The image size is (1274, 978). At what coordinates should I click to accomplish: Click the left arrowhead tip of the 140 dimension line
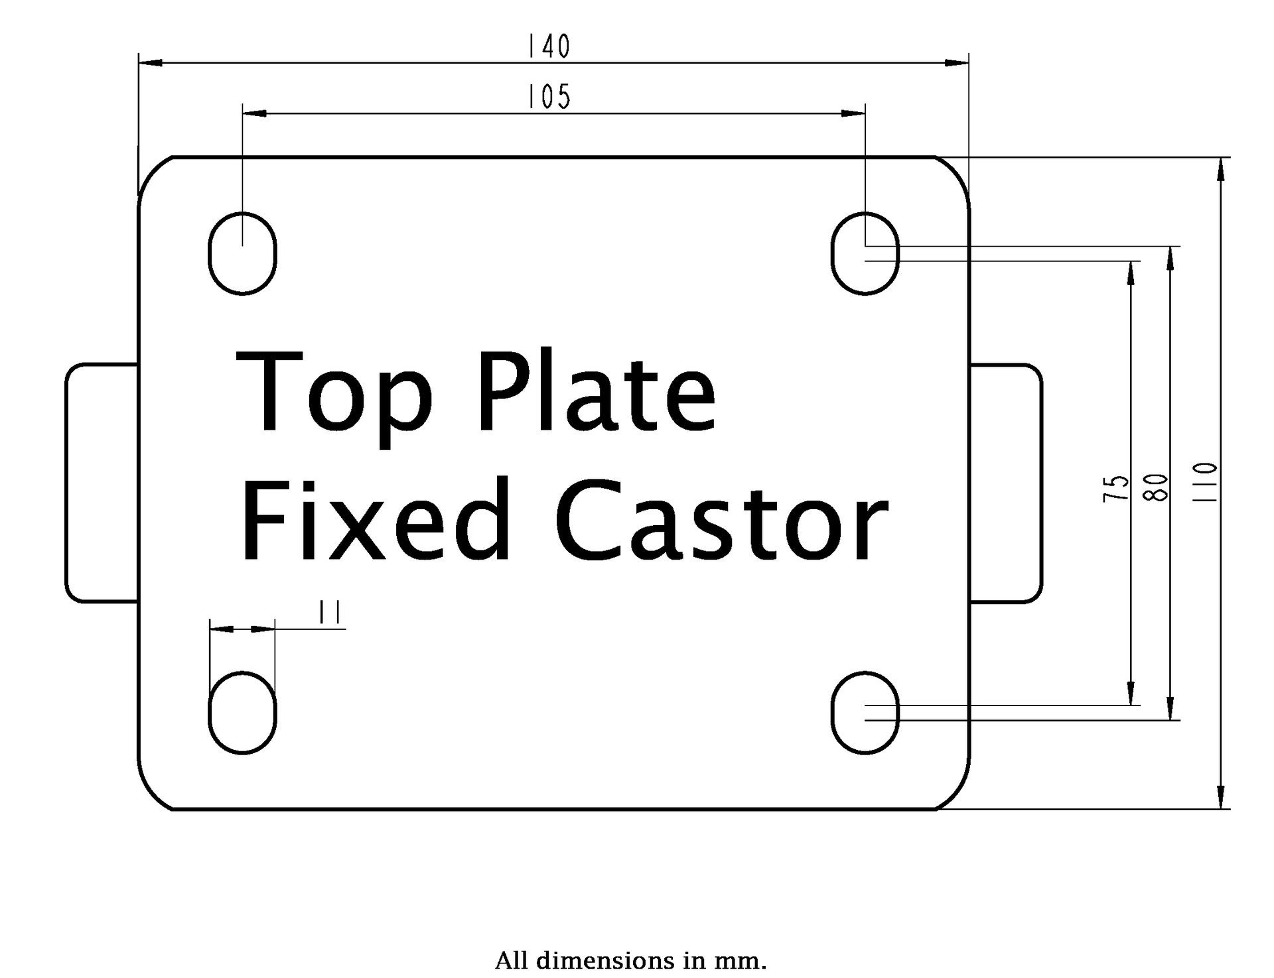click(x=139, y=63)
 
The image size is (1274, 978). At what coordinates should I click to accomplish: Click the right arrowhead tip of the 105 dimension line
click(x=865, y=113)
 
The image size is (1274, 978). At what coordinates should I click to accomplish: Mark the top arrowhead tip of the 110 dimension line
click(x=1221, y=158)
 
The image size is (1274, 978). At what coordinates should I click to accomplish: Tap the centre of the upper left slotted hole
click(x=242, y=253)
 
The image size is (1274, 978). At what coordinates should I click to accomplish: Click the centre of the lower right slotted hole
click(x=865, y=713)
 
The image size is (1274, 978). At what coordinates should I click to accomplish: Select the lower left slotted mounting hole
click(x=242, y=713)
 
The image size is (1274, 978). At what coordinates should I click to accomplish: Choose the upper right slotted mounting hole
click(x=865, y=253)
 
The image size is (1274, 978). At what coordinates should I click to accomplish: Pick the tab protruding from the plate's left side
click(x=102, y=483)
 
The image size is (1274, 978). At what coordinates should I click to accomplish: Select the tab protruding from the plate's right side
click(x=1006, y=483)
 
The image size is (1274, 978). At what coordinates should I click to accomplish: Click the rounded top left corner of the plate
click(x=150, y=168)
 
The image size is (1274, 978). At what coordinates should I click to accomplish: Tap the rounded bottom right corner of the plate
click(x=958, y=798)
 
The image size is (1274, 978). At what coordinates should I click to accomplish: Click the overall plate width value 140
click(x=549, y=46)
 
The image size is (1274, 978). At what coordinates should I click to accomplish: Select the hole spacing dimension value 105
click(x=549, y=97)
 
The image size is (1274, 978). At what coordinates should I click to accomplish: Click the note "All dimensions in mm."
click(x=631, y=961)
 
